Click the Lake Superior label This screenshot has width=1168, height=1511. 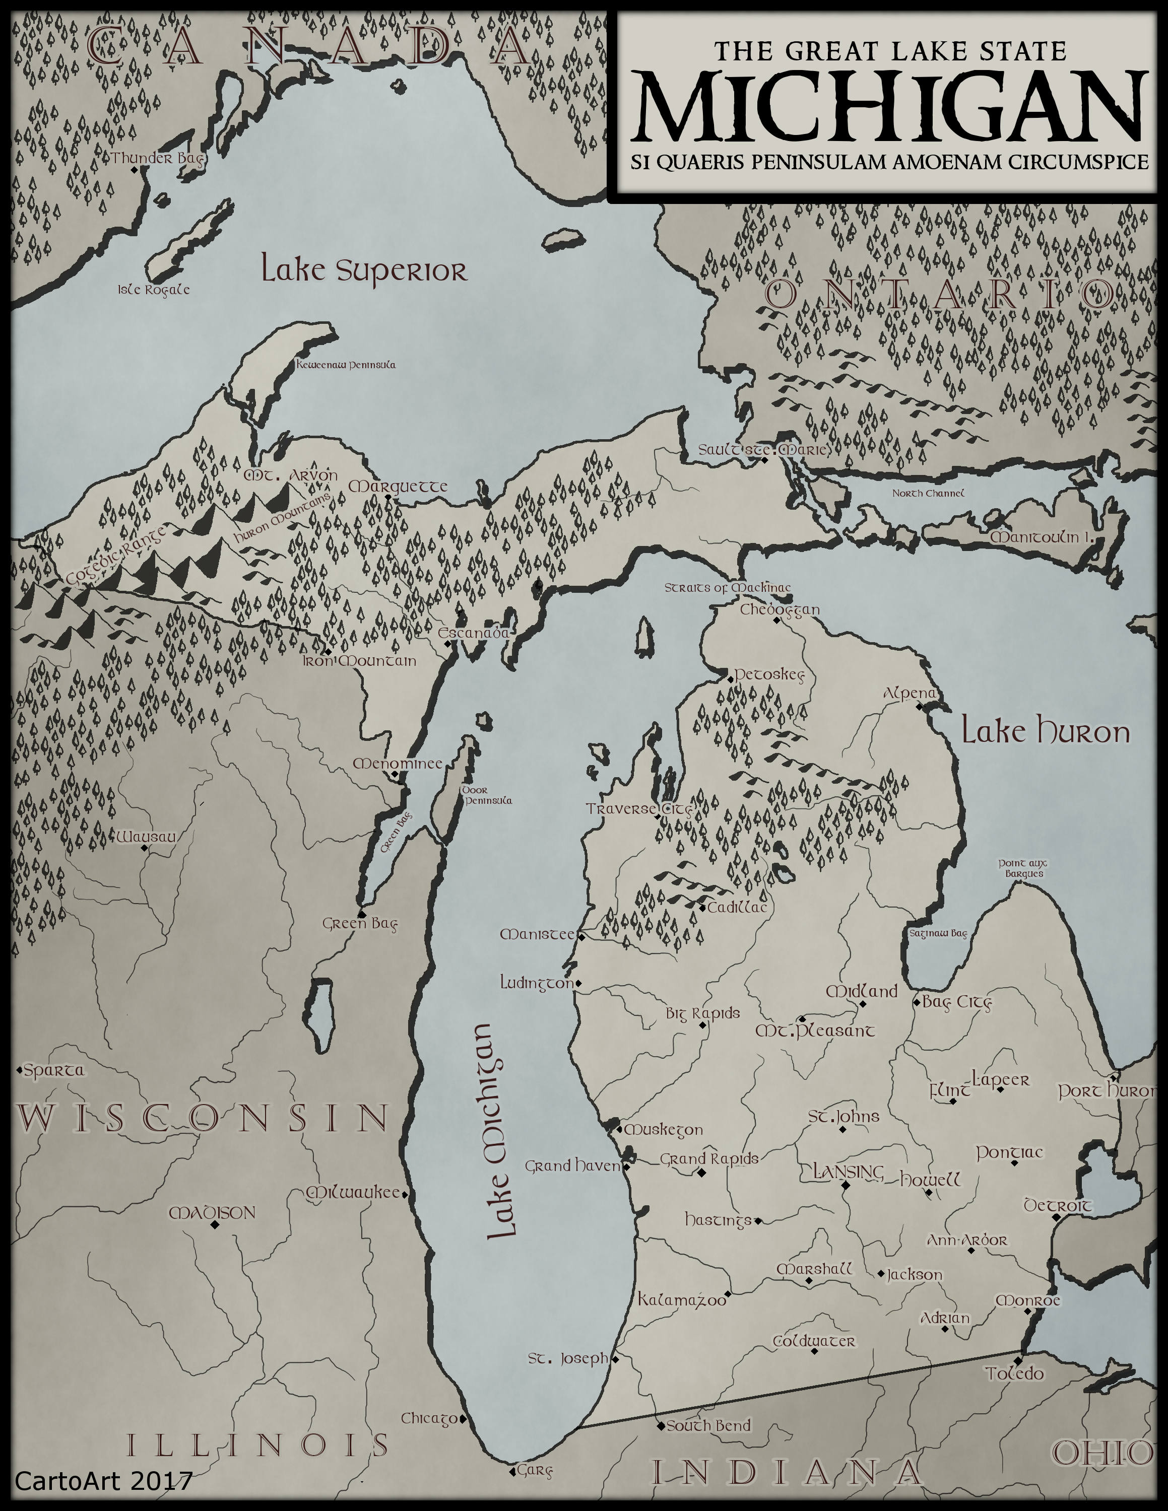click(x=364, y=270)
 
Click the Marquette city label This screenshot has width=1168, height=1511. click(x=397, y=487)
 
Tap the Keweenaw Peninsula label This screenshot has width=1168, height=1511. click(x=346, y=365)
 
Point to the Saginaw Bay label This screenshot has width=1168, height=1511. click(x=938, y=933)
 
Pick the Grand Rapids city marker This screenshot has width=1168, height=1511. click(x=701, y=1173)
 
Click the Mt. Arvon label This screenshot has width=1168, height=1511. click(x=291, y=476)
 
